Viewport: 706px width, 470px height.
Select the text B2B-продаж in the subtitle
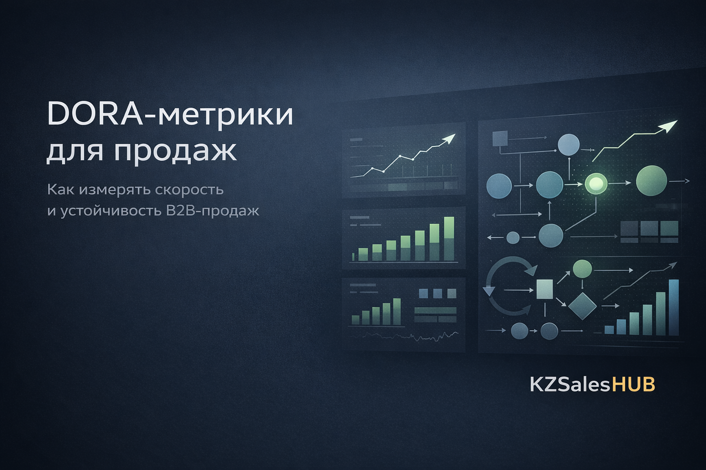(212, 211)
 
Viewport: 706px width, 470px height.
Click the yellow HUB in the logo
(633, 384)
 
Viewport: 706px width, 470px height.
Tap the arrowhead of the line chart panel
(450, 138)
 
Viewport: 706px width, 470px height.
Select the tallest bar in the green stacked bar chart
(449, 239)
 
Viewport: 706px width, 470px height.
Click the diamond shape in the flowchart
(582, 306)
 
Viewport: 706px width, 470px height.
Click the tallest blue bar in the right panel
(673, 307)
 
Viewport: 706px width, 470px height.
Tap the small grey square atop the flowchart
(500, 139)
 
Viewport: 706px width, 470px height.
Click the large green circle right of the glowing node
(651, 181)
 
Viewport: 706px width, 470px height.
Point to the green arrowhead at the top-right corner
(669, 126)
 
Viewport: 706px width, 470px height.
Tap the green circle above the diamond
(582, 269)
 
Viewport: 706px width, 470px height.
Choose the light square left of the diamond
(545, 289)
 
